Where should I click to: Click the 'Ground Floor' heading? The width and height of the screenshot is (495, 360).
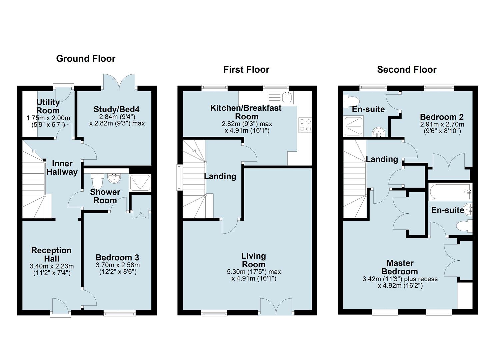point(86,59)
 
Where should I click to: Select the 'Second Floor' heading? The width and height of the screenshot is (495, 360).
point(407,70)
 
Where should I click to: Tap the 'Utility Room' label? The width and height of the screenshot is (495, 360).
point(48,106)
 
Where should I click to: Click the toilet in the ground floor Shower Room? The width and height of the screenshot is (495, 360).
point(97,180)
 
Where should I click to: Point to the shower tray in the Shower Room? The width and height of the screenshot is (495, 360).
point(140,183)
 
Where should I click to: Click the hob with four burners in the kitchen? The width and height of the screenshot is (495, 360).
point(305,125)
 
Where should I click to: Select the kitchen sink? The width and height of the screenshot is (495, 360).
point(280,97)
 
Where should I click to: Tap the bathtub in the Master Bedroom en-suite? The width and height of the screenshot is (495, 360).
point(450,192)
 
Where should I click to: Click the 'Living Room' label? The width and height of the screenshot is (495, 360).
point(253,260)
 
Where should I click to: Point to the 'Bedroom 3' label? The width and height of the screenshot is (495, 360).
point(117,257)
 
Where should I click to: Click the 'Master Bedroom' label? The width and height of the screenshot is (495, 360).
point(400,267)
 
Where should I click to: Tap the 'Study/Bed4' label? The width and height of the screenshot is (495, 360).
point(117,109)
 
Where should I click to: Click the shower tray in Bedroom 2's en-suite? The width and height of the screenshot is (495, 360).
point(354,126)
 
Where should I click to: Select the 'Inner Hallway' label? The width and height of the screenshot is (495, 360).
point(62,168)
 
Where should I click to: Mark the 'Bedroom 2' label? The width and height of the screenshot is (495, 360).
point(442,117)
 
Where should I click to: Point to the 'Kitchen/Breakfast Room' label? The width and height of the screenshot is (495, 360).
point(246,112)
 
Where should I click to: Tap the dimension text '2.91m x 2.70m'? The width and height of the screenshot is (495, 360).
point(442,124)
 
